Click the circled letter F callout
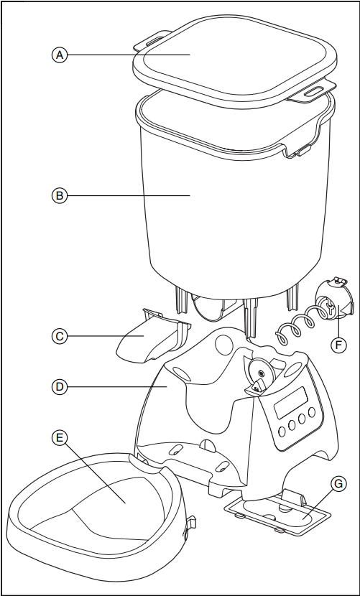coord(338,345)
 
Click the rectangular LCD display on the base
coord(291,401)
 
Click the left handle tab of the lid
coord(150,43)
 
